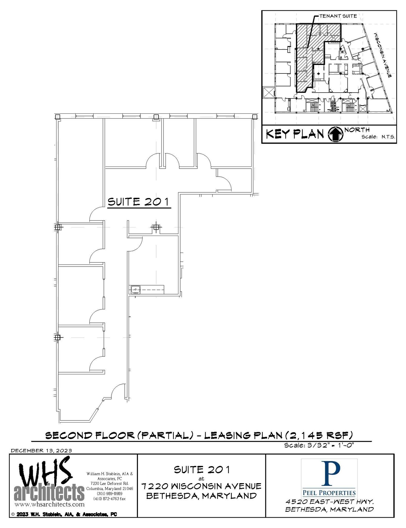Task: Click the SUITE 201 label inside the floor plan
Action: coord(139,202)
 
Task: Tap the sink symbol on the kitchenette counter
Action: coord(135,290)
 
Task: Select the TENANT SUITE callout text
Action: coord(338,16)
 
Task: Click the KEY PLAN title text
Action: coord(295,134)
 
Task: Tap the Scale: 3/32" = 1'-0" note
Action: coord(320,445)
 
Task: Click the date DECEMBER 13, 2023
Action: coord(41,451)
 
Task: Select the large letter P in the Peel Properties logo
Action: coord(329,474)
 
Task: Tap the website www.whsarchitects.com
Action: coord(49,504)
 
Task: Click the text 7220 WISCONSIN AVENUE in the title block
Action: coord(201,486)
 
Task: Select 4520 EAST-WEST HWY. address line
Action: coord(329,502)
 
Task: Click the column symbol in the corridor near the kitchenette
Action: coord(156,227)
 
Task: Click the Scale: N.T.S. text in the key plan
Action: coord(378,137)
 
